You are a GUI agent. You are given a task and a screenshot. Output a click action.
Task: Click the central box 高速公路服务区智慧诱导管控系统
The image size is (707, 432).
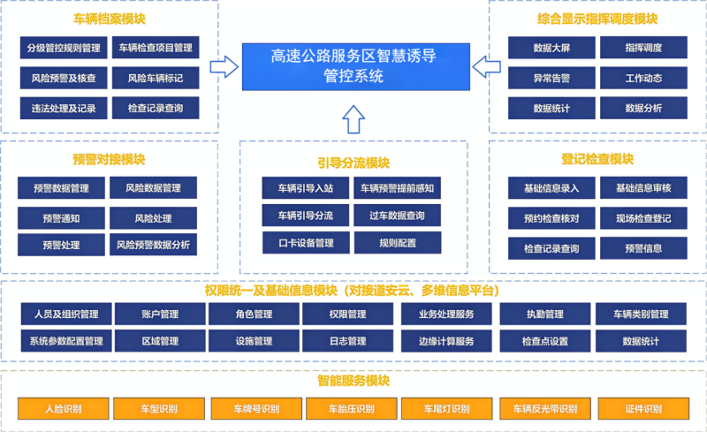tap(353, 66)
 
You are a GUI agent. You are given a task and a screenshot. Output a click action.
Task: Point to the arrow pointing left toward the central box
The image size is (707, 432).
tap(483, 65)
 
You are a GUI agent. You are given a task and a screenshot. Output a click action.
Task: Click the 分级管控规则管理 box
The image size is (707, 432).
tap(64, 48)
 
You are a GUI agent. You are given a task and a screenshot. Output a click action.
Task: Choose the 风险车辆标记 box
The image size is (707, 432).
tap(155, 79)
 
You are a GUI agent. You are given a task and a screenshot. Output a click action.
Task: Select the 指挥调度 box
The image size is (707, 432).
tap(643, 48)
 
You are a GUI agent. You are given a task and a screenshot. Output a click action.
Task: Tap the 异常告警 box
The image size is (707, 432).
tap(551, 79)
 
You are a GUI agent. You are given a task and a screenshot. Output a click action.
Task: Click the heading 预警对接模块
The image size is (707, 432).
tap(109, 160)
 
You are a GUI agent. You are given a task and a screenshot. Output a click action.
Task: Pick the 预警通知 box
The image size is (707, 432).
tap(61, 217)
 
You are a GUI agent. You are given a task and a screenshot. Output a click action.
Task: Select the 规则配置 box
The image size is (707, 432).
tap(397, 242)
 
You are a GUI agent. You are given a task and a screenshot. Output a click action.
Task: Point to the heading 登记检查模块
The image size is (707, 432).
tap(598, 160)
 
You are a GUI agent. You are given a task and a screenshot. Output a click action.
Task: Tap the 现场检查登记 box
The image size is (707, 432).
tap(643, 218)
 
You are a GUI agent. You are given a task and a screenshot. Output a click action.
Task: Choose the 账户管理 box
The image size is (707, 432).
tap(160, 314)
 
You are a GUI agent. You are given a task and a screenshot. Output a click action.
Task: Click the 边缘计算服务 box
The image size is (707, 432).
tap(446, 341)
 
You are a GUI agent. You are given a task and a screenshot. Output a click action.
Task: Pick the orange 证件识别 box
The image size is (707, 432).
tap(642, 409)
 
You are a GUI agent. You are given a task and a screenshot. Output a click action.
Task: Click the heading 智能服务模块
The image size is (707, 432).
tap(353, 382)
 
